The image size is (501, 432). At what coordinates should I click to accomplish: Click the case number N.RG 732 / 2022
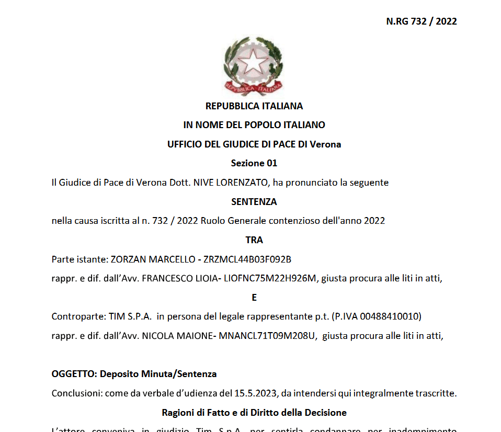tap(422, 21)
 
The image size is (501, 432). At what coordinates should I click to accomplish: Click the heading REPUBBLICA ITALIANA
tap(254, 106)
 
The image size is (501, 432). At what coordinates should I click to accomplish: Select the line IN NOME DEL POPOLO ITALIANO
tap(254, 125)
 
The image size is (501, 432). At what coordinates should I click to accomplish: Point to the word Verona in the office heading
tap(325, 144)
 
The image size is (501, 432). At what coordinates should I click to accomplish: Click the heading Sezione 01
tap(254, 163)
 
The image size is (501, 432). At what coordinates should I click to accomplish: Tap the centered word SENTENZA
tap(254, 201)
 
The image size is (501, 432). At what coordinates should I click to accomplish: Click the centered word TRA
tap(254, 240)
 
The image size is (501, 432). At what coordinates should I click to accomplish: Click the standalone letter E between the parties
tap(254, 298)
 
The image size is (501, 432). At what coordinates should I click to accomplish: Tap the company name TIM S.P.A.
tap(130, 317)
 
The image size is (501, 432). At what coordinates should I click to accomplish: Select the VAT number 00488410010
tap(394, 317)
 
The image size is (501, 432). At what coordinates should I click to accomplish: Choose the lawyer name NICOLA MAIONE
tap(175, 336)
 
